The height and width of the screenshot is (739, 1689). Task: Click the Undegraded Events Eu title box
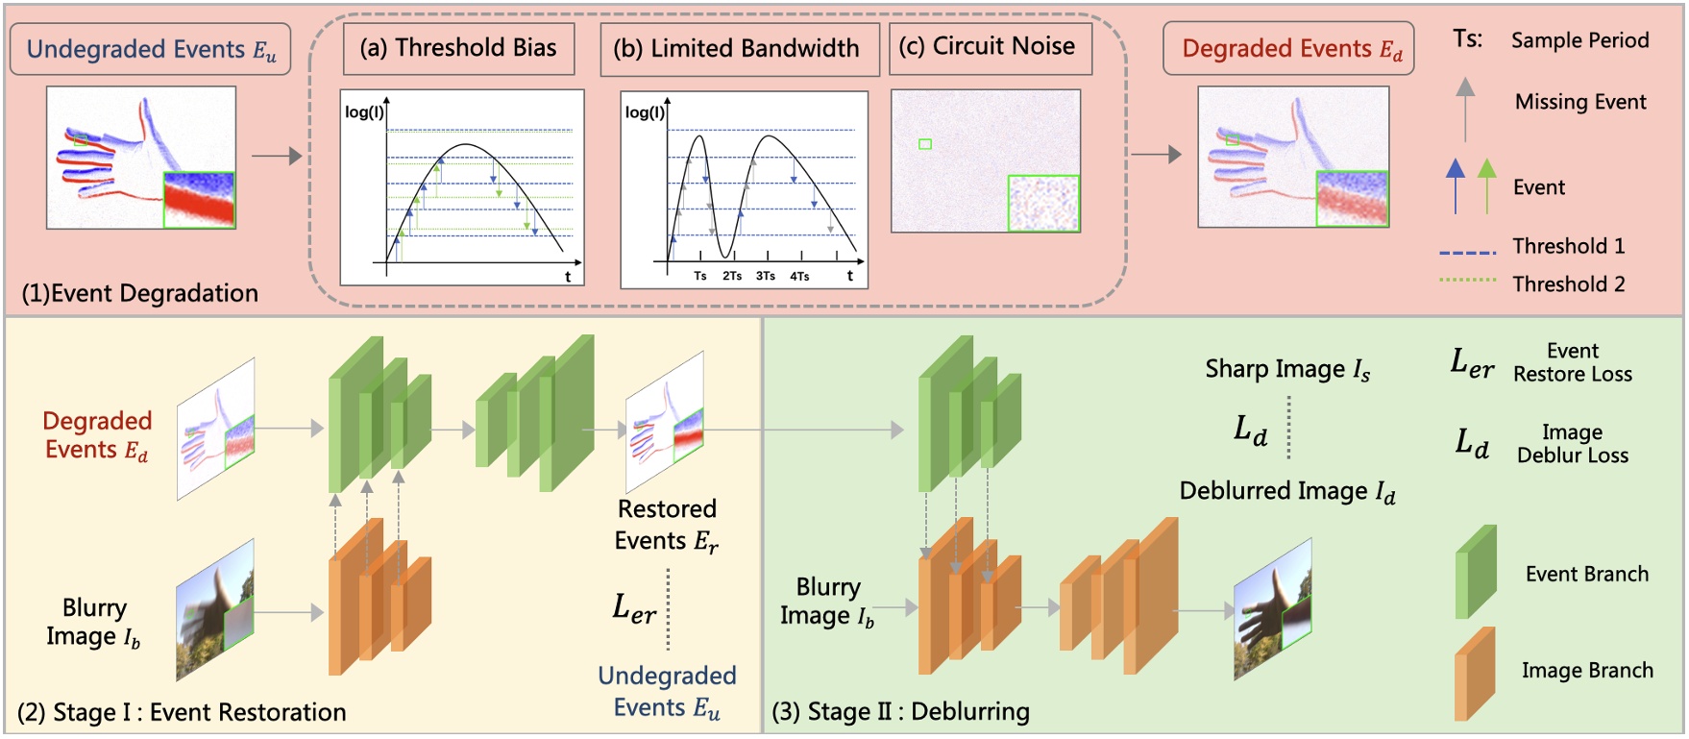150,49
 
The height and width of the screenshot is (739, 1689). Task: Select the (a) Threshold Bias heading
458,48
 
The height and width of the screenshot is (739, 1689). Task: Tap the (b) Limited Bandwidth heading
739,49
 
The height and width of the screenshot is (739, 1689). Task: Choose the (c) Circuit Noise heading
990,46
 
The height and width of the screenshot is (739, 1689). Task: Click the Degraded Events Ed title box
1288,49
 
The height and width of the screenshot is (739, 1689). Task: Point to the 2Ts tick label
732,276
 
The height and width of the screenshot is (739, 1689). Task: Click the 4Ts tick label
799,276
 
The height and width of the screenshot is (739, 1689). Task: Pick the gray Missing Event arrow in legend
1465,108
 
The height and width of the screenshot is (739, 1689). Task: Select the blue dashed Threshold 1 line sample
1468,253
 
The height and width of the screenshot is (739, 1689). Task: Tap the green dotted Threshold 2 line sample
1468,281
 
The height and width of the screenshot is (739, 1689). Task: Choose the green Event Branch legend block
1476,573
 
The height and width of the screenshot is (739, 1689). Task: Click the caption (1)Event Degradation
140,293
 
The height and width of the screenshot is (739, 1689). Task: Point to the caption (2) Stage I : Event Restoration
182,712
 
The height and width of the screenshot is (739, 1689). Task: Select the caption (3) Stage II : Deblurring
900,712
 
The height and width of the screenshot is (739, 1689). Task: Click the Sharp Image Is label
1287,370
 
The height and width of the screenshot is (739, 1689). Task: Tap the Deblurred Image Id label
1287,491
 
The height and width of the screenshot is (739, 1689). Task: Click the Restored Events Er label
667,525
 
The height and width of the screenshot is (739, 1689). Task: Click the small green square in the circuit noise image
925,144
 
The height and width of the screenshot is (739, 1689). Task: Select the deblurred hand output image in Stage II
1272,609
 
